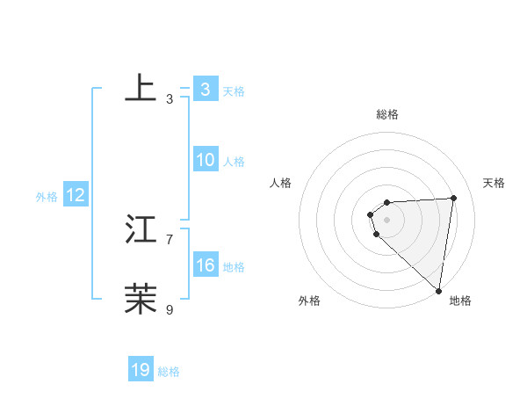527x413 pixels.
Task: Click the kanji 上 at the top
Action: [x=141, y=89]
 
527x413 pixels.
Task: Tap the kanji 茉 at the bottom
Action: [x=141, y=299]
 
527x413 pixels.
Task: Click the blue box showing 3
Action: [x=205, y=90]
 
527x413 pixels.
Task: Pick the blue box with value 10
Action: [x=205, y=160]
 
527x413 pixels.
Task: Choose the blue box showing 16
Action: [x=205, y=265]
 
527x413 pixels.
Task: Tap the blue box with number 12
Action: [x=75, y=195]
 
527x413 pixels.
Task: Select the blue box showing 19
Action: [x=141, y=370]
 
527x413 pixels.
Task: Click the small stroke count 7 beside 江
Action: [x=170, y=239]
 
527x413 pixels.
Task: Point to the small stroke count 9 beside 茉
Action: [x=170, y=309]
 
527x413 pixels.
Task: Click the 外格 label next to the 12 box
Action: [x=47, y=197]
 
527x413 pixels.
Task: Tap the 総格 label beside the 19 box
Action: [x=169, y=372]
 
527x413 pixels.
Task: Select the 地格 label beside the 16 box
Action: [x=234, y=267]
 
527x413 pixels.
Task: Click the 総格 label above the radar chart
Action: [x=387, y=114]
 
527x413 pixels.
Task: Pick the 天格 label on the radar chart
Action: [x=494, y=183]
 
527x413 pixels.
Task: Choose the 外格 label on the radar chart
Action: [x=309, y=301]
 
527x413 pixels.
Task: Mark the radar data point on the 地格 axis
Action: [x=438, y=291]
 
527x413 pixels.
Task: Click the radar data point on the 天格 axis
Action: [x=454, y=198]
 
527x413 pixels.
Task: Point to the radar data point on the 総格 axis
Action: [x=387, y=202]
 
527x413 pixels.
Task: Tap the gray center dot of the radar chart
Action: [x=387, y=220]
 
